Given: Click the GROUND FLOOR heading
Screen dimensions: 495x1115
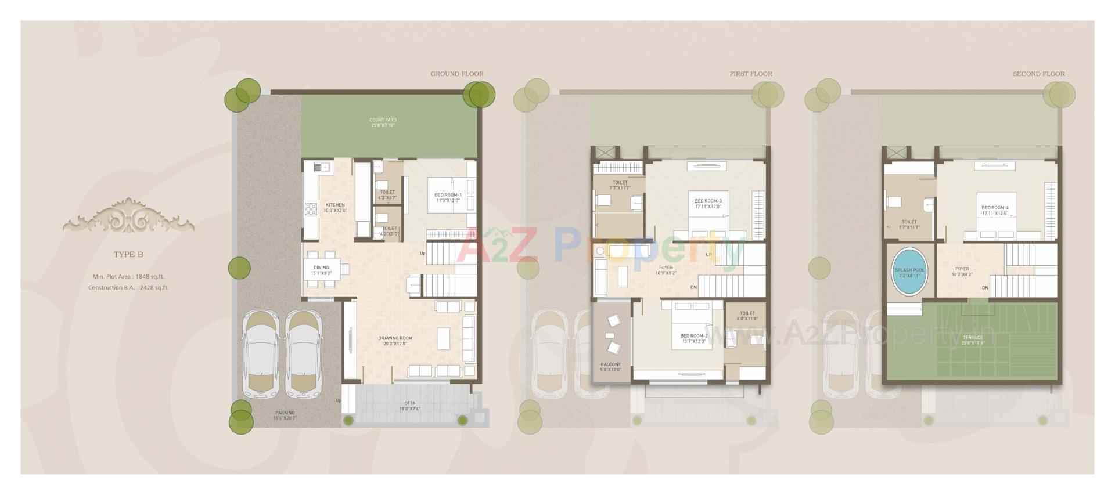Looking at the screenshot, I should (456, 74).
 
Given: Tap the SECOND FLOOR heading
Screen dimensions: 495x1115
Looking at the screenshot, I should (1038, 74).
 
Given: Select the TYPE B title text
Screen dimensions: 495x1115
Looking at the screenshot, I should (128, 254).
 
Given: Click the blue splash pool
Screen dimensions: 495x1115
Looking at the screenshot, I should (909, 272).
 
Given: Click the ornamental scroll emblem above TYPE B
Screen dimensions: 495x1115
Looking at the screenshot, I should (128, 216).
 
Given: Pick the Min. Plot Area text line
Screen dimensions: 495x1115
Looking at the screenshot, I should (128, 277).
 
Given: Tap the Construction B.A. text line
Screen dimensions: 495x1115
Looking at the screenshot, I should (128, 287).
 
